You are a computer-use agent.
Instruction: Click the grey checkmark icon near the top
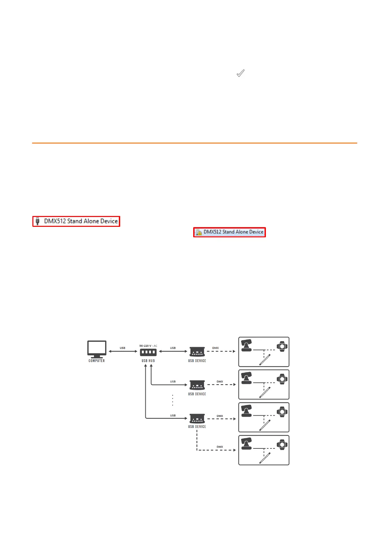pos(241,73)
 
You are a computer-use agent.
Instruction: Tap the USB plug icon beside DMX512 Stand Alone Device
pos(38,221)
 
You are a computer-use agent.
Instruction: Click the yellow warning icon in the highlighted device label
pos(198,232)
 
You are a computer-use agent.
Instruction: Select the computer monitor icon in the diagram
pos(97,349)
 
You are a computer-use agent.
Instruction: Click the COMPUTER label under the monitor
pos(97,361)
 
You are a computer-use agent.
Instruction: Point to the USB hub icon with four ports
pos(148,352)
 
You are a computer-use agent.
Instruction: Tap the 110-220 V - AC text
pos(148,346)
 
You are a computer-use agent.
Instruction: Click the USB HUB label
pos(148,361)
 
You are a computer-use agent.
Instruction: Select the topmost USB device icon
pos(197,352)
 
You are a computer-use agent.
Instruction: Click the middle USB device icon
pos(197,385)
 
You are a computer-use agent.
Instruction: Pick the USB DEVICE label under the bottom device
pos(197,427)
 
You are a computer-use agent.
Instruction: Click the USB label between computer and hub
pos(122,348)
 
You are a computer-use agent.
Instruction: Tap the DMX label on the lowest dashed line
pos(220,447)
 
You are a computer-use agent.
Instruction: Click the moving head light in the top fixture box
pos(246,345)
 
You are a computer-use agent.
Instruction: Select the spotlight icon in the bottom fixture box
pos(282,444)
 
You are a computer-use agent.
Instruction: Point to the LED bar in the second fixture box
pos(265,392)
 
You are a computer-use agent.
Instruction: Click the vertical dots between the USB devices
pos(173,400)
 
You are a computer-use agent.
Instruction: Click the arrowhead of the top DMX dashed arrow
pos(234,351)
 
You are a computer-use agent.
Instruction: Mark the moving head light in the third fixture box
pos(246,411)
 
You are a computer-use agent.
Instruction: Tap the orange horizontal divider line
pos(195,143)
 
